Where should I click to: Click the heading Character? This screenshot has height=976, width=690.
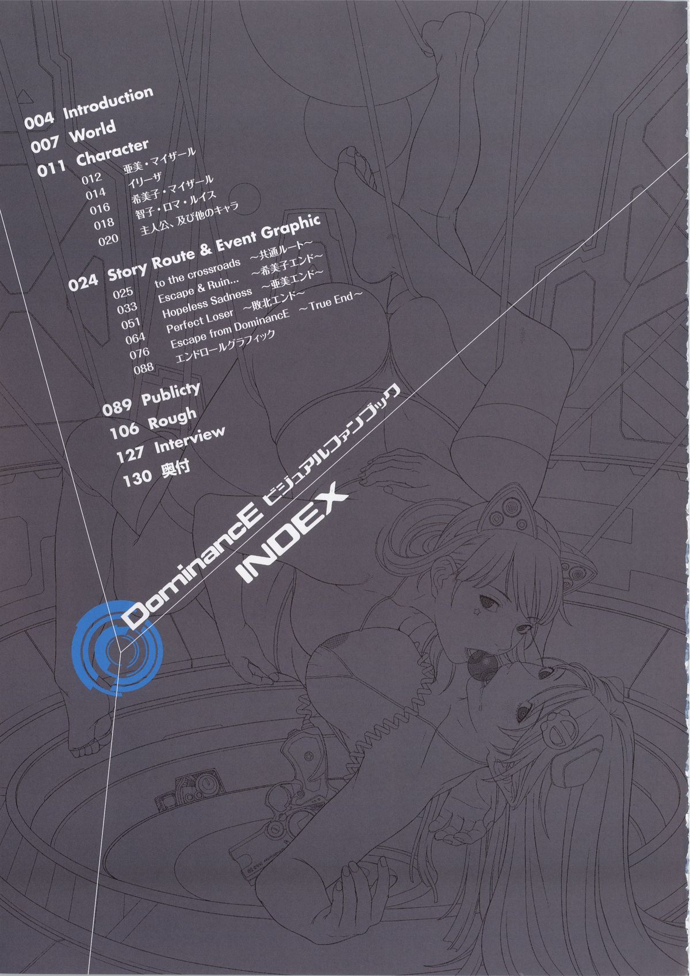tap(113, 152)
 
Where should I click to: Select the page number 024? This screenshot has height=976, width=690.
tap(83, 283)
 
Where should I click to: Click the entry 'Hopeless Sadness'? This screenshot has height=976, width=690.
tap(207, 303)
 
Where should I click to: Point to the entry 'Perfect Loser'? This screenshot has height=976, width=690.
tap(200, 321)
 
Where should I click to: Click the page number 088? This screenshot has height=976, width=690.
tap(144, 367)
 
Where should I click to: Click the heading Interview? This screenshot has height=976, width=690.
tap(189, 440)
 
